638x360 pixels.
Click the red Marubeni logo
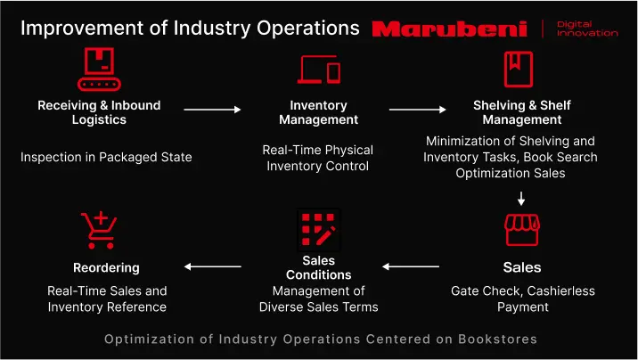(450, 29)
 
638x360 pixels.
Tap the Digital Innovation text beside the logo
(587, 29)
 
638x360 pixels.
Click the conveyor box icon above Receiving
(99, 70)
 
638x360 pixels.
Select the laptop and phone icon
(319, 70)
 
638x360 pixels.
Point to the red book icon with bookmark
(519, 70)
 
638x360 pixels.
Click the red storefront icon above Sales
(522, 230)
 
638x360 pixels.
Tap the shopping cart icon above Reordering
(99, 230)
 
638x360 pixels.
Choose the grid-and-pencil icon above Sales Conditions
(319, 229)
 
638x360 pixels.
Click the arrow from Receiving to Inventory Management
(212, 110)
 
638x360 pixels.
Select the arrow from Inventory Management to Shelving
(418, 110)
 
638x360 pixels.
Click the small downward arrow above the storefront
(521, 199)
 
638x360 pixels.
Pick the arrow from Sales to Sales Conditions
(411, 266)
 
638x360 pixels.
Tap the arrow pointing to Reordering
(213, 266)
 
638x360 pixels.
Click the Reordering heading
(106, 267)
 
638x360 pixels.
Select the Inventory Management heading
(319, 112)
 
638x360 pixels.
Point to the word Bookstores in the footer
(497, 339)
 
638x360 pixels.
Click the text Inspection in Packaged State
(106, 158)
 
